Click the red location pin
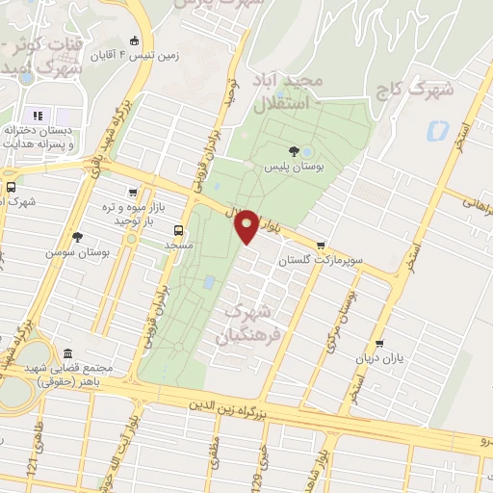tap(246, 225)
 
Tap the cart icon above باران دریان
tap(379, 343)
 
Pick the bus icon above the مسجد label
tap(178, 230)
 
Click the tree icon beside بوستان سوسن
tap(78, 235)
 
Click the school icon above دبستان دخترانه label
tap(39, 116)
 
